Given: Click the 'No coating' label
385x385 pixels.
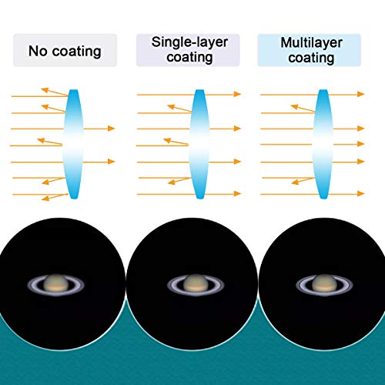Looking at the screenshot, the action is [x=65, y=51].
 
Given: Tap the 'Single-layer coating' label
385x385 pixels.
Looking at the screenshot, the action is [x=189, y=49].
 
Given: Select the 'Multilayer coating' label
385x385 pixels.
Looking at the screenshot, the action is [x=311, y=50].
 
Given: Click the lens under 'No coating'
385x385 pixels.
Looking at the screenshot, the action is [x=73, y=144].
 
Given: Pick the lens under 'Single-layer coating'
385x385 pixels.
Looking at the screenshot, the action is [x=199, y=144].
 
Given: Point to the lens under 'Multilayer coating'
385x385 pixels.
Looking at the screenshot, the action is [x=323, y=144].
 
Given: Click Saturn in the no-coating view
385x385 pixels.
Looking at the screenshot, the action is [x=56, y=285].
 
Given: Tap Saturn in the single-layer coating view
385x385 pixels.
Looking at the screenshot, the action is [x=196, y=285].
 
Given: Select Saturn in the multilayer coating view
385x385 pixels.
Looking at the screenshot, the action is [x=324, y=285].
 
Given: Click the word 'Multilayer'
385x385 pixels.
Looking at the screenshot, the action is [x=311, y=42].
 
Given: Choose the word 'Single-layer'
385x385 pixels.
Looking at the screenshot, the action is [x=189, y=42].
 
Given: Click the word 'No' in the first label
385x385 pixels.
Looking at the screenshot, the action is [x=38, y=51].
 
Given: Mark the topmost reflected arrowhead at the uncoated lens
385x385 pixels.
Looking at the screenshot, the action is [x=45, y=90].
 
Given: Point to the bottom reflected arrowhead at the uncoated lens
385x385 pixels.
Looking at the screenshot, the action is [x=45, y=199].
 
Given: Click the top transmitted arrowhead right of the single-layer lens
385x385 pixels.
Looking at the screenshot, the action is [x=237, y=94].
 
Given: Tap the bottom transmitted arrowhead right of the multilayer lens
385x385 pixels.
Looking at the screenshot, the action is [x=361, y=193].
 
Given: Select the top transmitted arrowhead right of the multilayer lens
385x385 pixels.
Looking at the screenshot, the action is [x=361, y=94].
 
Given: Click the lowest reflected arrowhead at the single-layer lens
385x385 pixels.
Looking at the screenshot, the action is [x=172, y=182].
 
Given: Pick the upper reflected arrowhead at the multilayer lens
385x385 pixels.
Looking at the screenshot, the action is [x=294, y=106].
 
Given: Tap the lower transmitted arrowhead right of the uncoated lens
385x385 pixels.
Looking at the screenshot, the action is [x=111, y=162].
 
